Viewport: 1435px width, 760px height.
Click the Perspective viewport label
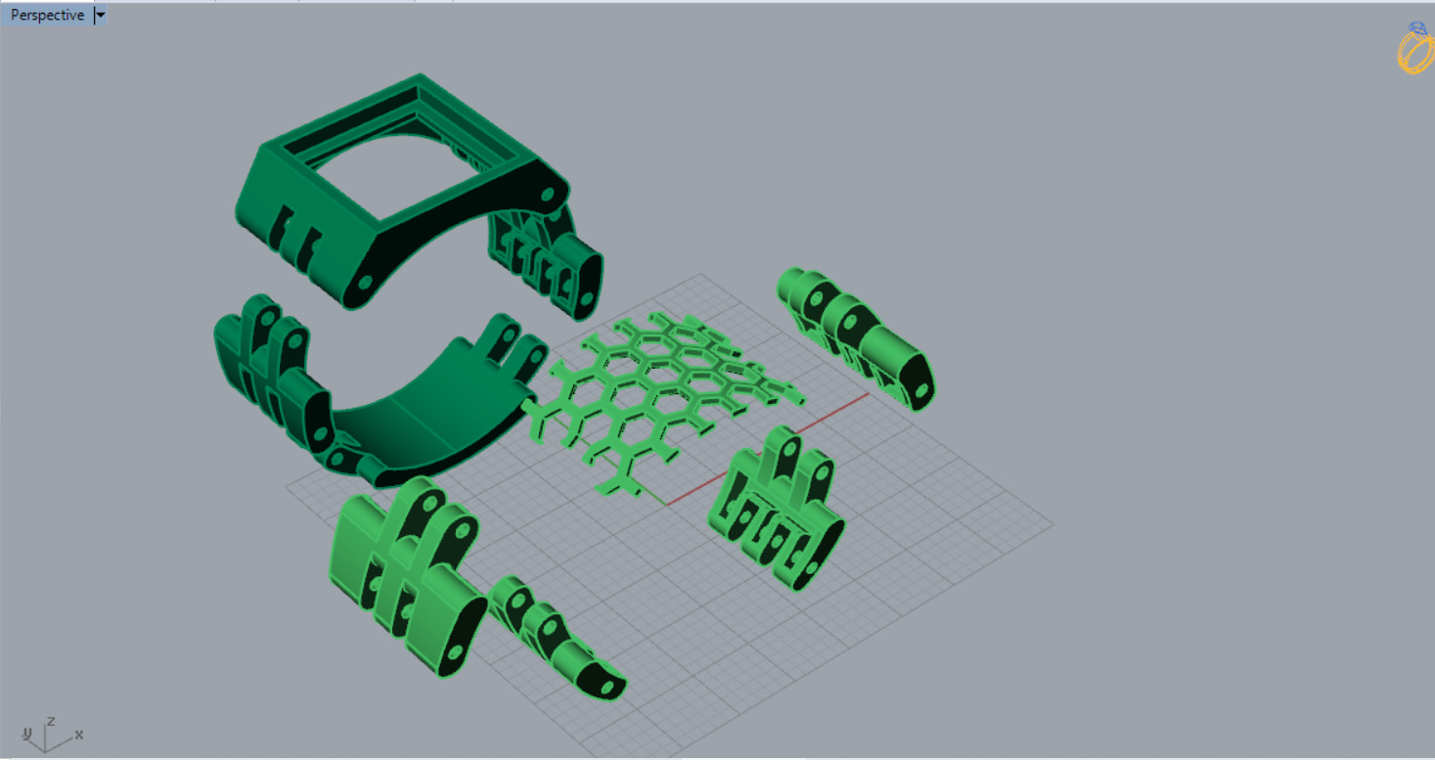point(47,16)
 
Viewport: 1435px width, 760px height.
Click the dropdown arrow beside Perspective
point(101,16)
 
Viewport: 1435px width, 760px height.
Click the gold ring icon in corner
point(1414,49)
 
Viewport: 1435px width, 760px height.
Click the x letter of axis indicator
point(79,734)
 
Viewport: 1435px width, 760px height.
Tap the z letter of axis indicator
point(51,722)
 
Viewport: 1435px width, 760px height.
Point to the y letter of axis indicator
point(27,733)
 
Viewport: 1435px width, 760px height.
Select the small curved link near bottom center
point(553,636)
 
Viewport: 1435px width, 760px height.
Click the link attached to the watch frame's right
point(548,259)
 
